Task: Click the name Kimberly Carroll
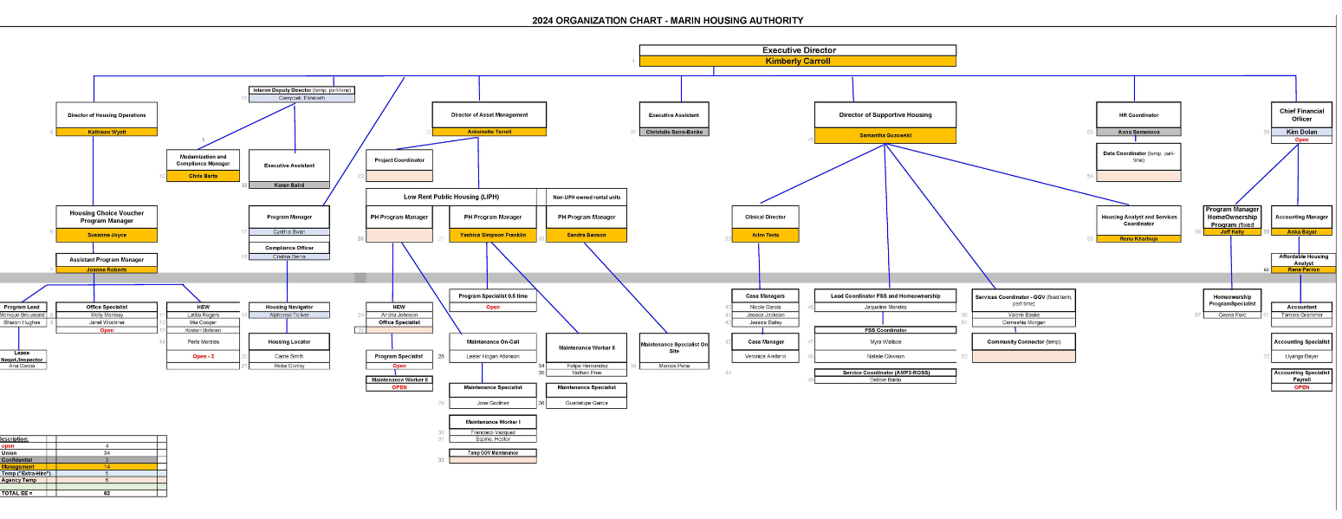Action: [797, 62]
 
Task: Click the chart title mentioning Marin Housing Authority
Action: [667, 21]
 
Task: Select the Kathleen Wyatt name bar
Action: [107, 132]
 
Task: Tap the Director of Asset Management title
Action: [489, 114]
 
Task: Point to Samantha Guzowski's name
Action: [885, 136]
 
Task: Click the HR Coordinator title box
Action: [1138, 114]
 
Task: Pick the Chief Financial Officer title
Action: [1301, 114]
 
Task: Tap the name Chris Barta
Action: [203, 176]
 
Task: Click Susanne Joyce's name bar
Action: [107, 235]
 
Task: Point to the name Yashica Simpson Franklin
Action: [492, 235]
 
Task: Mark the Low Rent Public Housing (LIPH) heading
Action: [451, 197]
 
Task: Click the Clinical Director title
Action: [759, 217]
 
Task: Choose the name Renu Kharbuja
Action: [1139, 238]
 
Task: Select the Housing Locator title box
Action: [288, 342]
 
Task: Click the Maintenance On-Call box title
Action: [492, 342]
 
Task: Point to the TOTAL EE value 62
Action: [107, 493]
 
